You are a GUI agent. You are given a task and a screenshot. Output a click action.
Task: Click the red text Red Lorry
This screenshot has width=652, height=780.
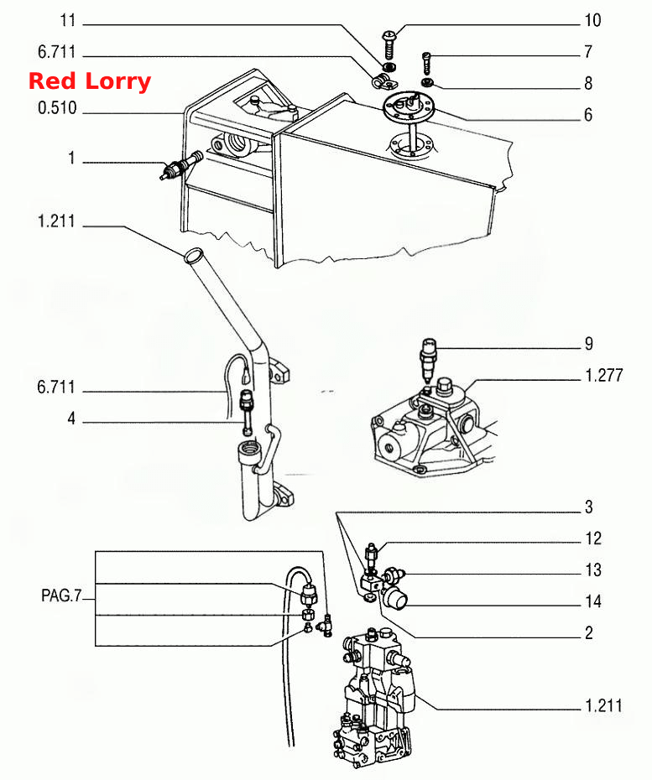pos(90,81)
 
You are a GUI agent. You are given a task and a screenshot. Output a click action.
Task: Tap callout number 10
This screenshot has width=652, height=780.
pos(592,21)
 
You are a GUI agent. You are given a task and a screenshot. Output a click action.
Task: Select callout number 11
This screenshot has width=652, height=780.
pos(68,21)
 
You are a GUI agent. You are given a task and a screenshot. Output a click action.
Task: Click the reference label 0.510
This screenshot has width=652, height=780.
pos(57,108)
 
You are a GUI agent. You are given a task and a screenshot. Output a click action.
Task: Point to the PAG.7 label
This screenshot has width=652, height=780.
pos(60,595)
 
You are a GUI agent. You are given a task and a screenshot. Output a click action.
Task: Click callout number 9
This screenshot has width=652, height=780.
pos(589,344)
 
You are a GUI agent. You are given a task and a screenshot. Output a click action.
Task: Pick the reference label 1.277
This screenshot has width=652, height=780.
pos(603,375)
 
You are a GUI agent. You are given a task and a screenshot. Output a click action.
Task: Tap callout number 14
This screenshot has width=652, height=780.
pos(592,601)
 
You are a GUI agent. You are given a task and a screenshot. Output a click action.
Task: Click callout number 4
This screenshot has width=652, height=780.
pos(71,419)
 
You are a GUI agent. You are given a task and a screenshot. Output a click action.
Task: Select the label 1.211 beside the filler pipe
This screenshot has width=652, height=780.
pos(56,221)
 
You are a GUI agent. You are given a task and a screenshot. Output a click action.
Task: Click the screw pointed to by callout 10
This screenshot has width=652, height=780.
pos(389,44)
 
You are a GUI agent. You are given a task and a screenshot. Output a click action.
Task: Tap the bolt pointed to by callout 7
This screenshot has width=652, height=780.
pos(426,62)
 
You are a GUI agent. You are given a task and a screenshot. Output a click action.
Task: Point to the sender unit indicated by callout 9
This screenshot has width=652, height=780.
pos(429,358)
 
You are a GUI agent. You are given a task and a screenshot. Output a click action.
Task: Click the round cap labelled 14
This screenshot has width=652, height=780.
pos(396,597)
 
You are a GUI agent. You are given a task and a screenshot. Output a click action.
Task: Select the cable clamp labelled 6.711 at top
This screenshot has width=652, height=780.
pos(383,81)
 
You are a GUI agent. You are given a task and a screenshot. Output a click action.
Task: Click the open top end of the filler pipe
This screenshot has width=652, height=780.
pos(193,255)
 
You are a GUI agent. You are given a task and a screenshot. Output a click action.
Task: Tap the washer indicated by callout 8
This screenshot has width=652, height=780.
pos(426,81)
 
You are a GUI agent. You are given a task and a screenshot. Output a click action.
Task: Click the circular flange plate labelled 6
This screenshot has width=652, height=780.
pos(408,106)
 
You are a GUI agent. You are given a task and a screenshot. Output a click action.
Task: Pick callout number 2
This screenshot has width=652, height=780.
pos(589,632)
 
